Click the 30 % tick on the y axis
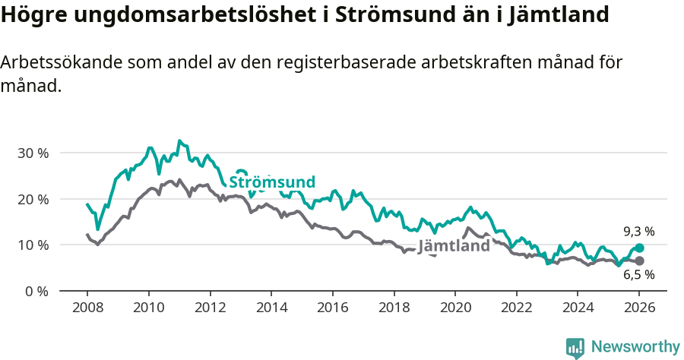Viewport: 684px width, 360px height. pos(33,153)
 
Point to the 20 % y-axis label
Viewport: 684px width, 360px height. pos(33,199)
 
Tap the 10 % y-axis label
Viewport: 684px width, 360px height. pos(33,245)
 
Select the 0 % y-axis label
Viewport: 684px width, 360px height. pos(36,291)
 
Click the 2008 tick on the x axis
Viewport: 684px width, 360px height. pos(87,308)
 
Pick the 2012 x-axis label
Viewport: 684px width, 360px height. pos(210,308)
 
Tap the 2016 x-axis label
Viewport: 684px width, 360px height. pos(332,308)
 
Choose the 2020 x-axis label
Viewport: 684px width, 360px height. pos(454,308)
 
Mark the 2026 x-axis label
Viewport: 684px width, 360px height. pos(638,308)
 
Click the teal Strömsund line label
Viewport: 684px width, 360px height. pos(272,182)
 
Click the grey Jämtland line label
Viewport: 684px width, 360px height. pos(454,247)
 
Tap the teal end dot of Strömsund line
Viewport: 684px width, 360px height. pos(639,248)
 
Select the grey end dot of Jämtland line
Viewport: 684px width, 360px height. pos(639,261)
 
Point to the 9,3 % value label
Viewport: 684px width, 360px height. pos(638,231)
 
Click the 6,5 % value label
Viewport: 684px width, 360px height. pos(638,275)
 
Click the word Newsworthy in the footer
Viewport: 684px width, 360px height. pos(635,346)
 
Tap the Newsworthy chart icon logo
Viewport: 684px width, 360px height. pos(575,347)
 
